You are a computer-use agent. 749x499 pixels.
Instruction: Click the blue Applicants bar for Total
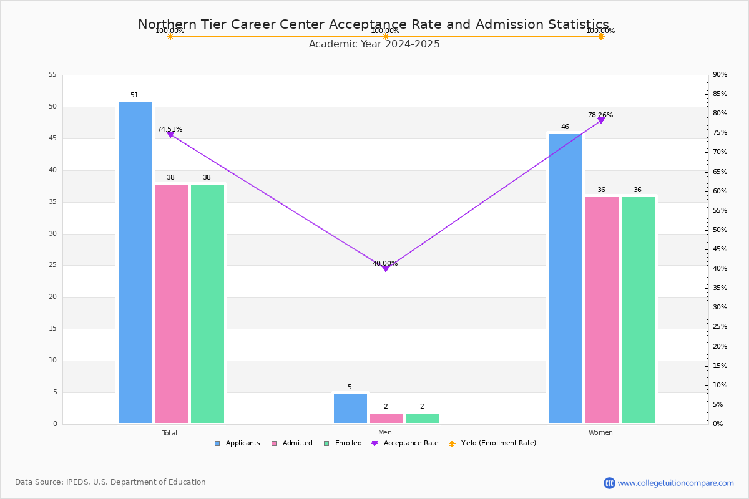coord(135,263)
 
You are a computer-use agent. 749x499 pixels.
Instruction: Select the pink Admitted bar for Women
coord(602,310)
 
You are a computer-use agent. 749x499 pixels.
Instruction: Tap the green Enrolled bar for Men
coord(423,419)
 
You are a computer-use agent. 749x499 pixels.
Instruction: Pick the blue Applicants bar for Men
coord(350,409)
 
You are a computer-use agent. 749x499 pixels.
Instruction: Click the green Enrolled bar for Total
coord(207,304)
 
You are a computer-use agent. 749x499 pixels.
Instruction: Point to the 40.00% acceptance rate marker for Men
coord(386,269)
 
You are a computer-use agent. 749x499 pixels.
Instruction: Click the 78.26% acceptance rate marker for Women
coord(601,120)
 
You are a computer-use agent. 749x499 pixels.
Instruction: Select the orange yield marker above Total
coord(170,36)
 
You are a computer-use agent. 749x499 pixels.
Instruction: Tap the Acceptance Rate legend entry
coord(404,443)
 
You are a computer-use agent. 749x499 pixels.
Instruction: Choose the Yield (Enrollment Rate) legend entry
coord(492,443)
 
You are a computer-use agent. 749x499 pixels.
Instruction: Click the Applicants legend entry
coord(237,443)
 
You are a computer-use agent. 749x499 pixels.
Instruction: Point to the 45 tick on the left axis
coord(53,138)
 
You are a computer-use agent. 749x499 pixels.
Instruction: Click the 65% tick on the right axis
coord(720,172)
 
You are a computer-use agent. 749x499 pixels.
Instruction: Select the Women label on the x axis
coord(600,432)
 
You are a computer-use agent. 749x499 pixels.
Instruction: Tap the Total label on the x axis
coord(170,433)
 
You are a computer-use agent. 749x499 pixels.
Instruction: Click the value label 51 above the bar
coord(134,95)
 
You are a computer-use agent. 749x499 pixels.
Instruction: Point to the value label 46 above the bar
coord(565,127)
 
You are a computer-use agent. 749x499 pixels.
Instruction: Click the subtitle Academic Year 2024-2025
coord(374,44)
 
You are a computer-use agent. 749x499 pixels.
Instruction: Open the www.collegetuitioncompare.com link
coord(675,483)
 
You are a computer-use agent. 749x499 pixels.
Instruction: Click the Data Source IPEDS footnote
coord(110,482)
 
